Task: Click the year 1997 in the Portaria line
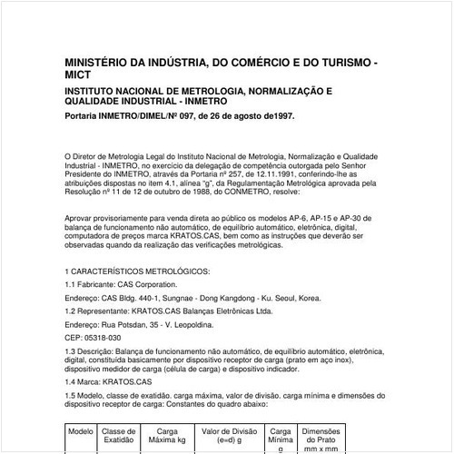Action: point(281,116)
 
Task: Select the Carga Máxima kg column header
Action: point(167,436)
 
